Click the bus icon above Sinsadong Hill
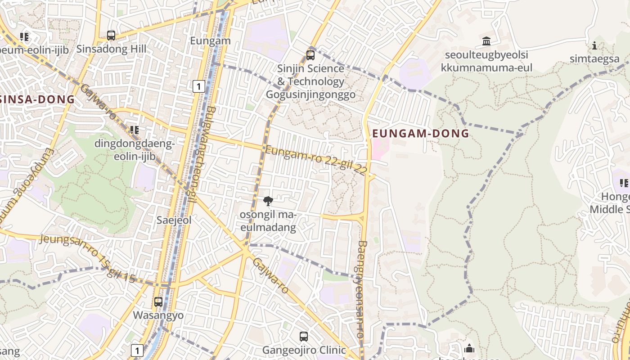point(111,35)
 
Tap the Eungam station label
point(210,41)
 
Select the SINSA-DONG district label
point(37,100)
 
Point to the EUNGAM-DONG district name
point(421,133)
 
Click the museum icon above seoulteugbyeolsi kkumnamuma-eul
point(486,41)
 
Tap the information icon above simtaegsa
point(594,45)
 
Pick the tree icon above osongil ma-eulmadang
point(268,201)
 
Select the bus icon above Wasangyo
point(158,301)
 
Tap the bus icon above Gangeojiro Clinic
point(304,336)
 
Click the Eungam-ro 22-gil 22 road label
point(316,160)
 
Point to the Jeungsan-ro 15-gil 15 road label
point(88,257)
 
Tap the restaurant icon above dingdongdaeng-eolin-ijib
point(134,130)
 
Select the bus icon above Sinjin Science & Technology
point(310,55)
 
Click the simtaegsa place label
point(594,58)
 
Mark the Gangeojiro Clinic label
point(304,350)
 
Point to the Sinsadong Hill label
point(111,49)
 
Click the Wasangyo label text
point(158,315)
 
